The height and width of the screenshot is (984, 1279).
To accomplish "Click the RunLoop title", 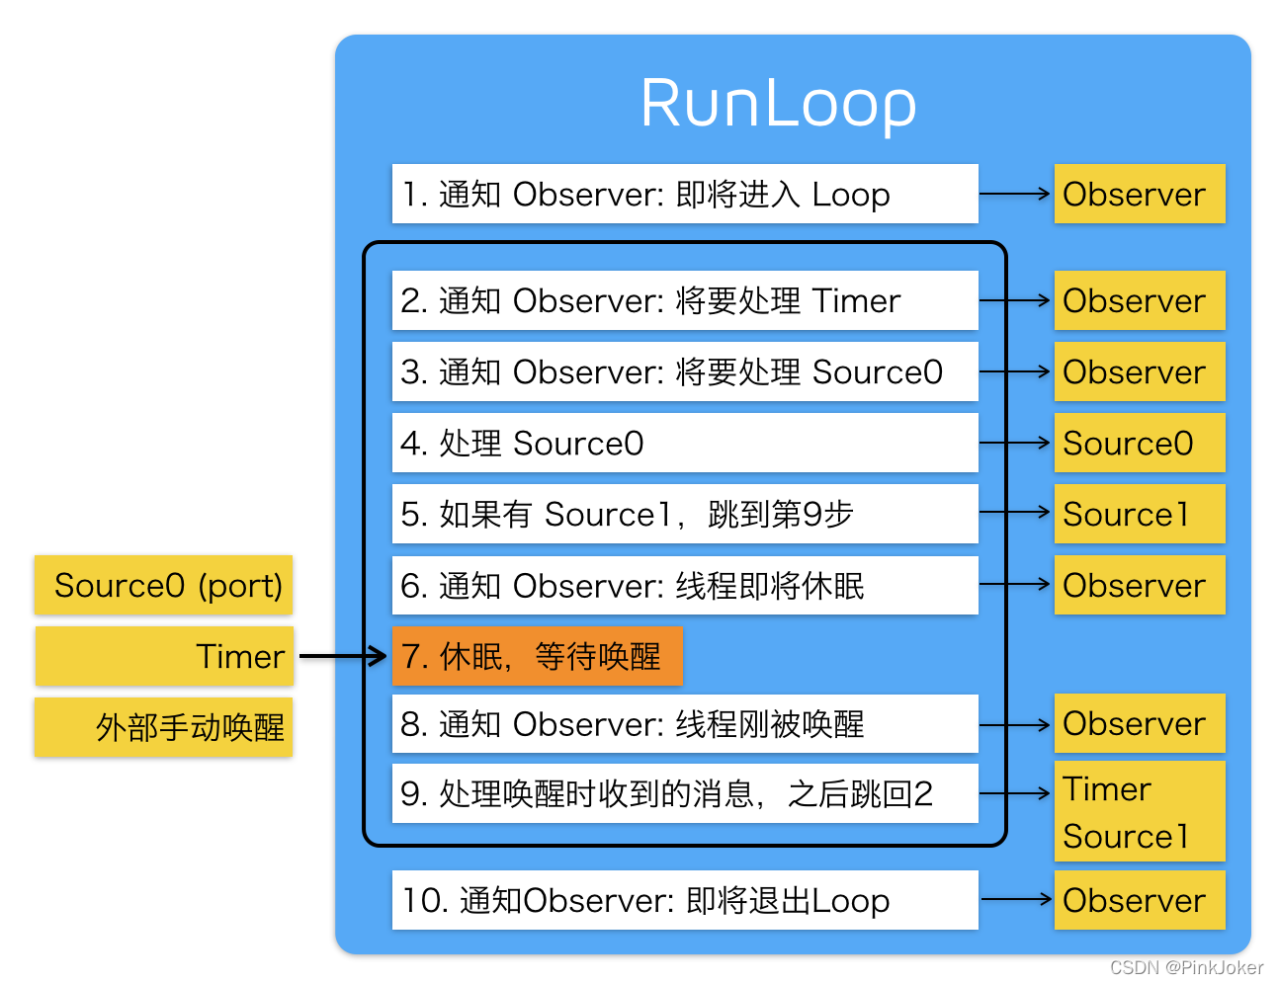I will (778, 103).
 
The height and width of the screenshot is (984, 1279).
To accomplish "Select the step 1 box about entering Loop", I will (684, 194).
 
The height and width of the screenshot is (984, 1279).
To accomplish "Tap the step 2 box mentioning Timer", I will (684, 300).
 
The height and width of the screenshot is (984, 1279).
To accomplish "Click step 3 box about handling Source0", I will (684, 371).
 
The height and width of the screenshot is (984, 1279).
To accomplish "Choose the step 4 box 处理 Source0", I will (684, 443).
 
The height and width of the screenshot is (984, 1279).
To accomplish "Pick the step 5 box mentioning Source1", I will (684, 514).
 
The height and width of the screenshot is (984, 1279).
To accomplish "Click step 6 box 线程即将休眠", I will (684, 585).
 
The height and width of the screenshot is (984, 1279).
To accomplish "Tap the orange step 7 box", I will (538, 656).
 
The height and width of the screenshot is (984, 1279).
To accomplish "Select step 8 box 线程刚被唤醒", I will (684, 723).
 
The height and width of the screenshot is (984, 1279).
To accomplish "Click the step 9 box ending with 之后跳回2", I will (684, 793).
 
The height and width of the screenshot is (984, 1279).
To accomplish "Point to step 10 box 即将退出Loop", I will (684, 900).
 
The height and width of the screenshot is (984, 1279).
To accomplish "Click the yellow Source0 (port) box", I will (164, 585).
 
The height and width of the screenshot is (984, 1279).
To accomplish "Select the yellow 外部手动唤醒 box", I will (164, 727).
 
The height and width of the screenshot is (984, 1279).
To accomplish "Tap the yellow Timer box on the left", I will (164, 656).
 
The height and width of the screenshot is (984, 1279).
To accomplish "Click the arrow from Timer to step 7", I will (342, 656).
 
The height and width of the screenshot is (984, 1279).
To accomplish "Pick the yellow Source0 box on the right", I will (1139, 443).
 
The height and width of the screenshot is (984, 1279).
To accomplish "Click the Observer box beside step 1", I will (1139, 194).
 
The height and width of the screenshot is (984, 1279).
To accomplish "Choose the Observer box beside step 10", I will (1139, 900).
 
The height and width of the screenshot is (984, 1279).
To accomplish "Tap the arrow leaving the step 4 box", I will (1015, 443).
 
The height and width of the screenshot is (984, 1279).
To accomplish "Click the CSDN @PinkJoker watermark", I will (1185, 967).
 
